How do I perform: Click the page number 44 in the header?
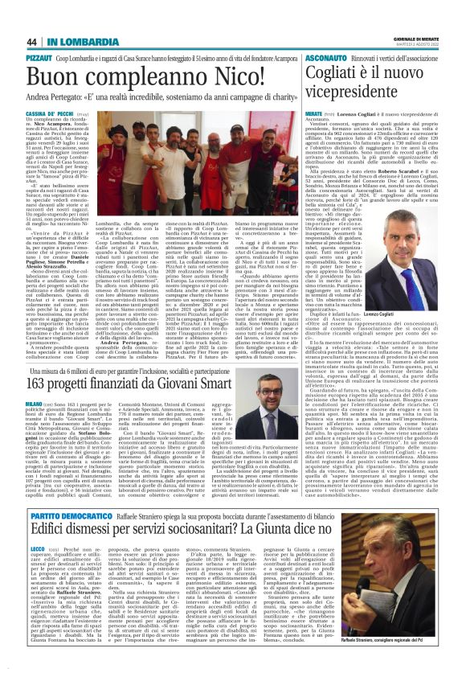31,41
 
